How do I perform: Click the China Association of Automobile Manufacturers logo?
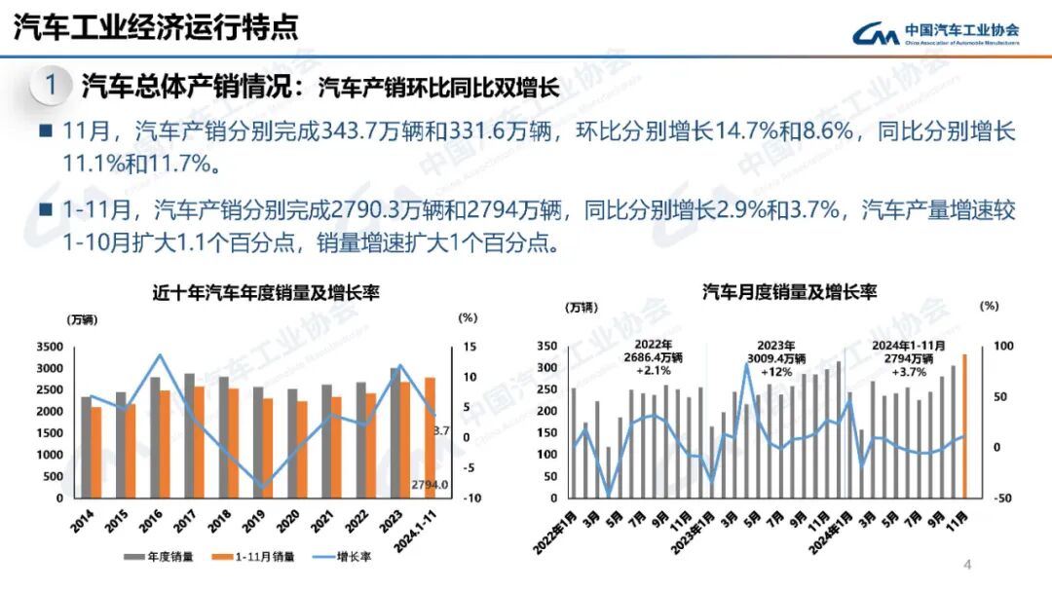click(935, 33)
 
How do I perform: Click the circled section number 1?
click(50, 86)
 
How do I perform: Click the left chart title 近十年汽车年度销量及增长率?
click(265, 292)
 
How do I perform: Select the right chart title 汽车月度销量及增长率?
click(790, 292)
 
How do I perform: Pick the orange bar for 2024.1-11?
click(430, 437)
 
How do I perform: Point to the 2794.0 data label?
click(429, 485)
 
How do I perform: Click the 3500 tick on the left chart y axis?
click(48, 348)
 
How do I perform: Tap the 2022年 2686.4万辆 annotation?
click(655, 357)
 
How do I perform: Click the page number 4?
click(968, 565)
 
